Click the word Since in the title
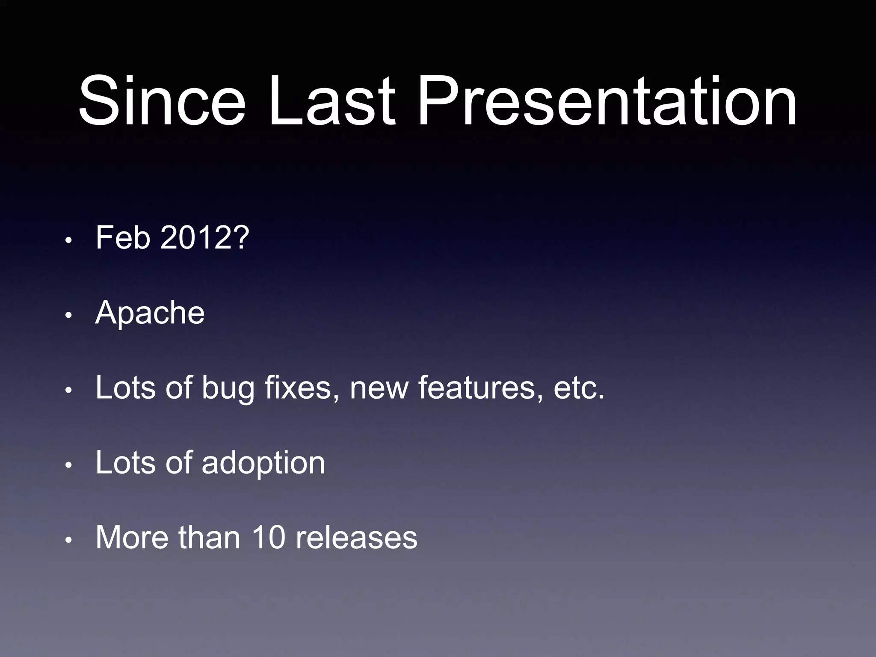(162, 101)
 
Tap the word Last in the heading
(331, 101)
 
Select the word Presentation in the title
(606, 101)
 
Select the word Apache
(150, 313)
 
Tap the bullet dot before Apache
(68, 316)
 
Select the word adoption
(263, 463)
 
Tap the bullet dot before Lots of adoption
(68, 466)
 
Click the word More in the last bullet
(132, 538)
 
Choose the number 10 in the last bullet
(268, 538)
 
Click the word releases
(356, 538)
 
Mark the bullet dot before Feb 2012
(68, 241)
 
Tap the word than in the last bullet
(209, 538)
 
